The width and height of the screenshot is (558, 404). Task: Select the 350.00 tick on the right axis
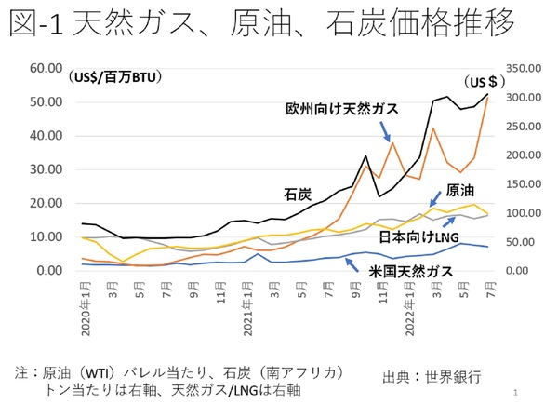pyautogui.click(x=524, y=68)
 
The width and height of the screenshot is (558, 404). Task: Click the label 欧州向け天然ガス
pyautogui.click(x=341, y=109)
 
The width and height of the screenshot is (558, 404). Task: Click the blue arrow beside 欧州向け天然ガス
pyautogui.click(x=382, y=129)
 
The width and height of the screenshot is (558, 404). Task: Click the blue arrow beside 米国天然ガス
pyautogui.click(x=351, y=263)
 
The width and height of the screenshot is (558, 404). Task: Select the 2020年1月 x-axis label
pyautogui.click(x=86, y=303)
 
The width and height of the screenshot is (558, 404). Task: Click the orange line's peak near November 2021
pyautogui.click(x=392, y=142)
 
